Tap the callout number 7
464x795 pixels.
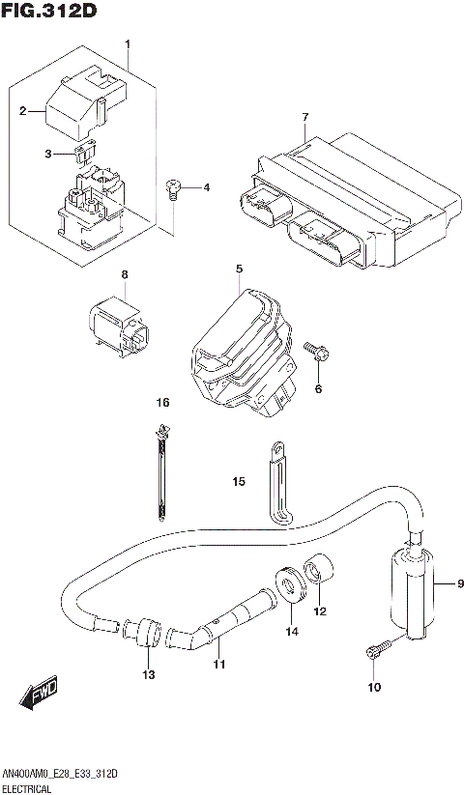coord(304,118)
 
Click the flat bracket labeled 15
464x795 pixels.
coord(276,484)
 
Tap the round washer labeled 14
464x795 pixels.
coord(288,587)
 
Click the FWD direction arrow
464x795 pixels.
coord(39,693)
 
